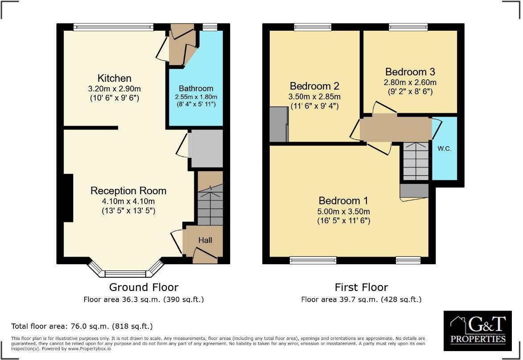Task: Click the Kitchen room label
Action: point(115,78)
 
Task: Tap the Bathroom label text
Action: point(196,88)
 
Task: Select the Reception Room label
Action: point(128,191)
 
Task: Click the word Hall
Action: point(205,240)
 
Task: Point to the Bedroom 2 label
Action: point(315,86)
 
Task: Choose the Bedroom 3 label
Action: point(410,72)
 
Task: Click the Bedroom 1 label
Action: point(343,200)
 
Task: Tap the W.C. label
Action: point(445,149)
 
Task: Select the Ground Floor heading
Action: point(144,287)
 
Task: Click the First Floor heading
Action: point(361,287)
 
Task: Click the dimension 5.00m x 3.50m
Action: point(343,212)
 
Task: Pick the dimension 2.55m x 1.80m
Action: point(196,97)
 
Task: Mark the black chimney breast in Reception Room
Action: point(68,197)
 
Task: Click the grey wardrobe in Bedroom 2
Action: point(279,123)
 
